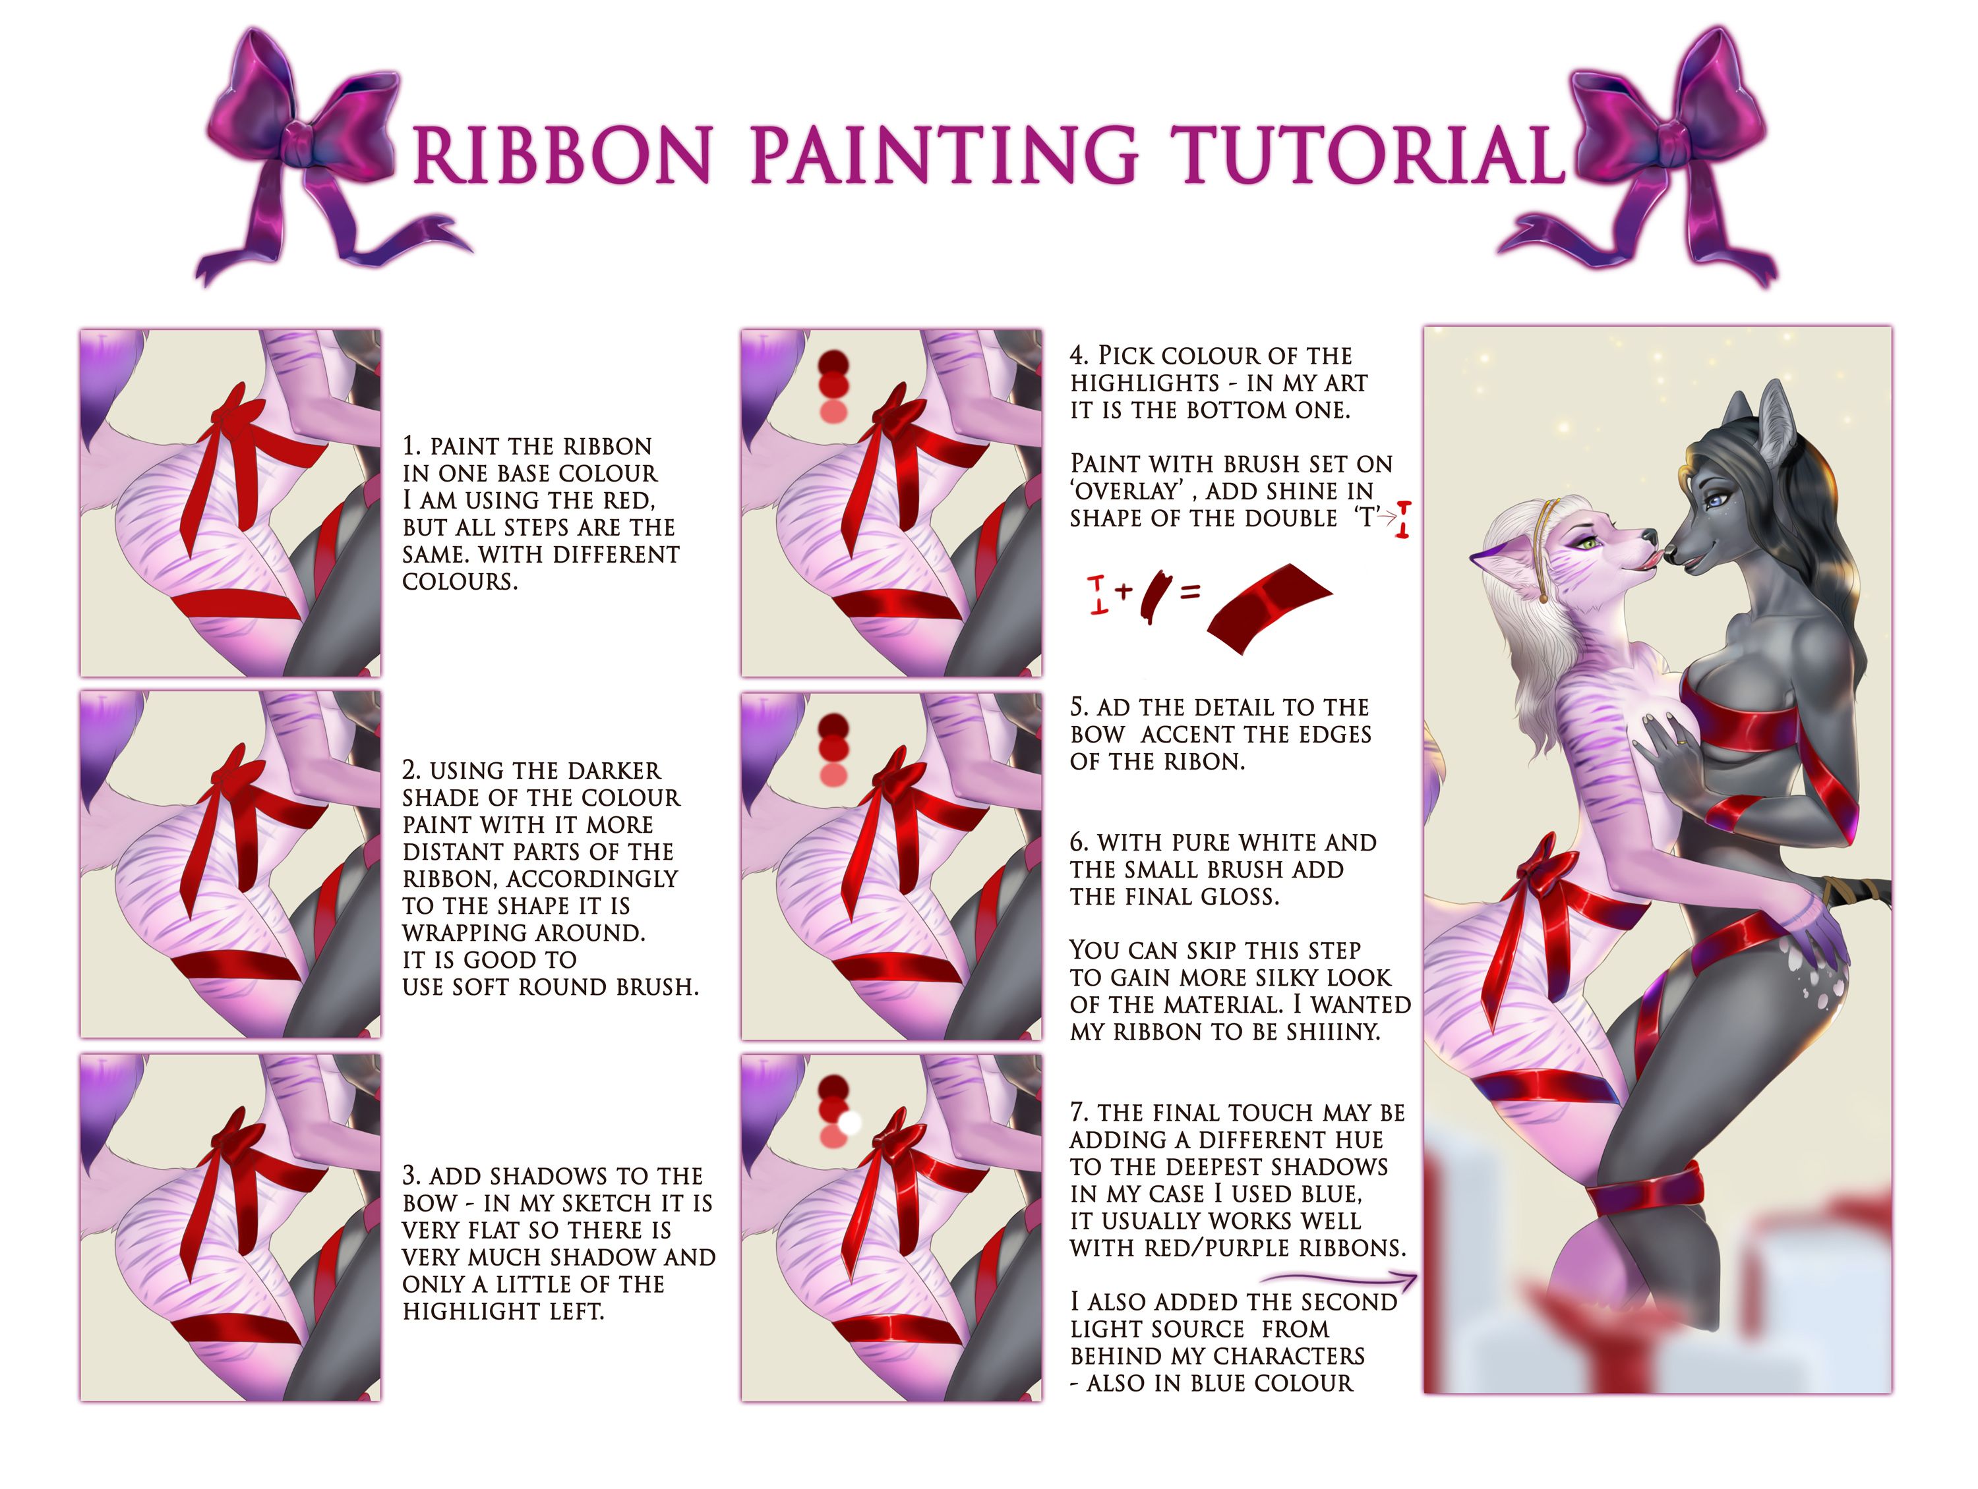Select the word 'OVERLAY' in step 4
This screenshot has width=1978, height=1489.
(x=1127, y=491)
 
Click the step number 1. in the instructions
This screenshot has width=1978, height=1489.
(x=411, y=446)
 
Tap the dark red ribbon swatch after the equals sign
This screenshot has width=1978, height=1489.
(x=1269, y=607)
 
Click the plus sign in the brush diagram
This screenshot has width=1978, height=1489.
(x=1123, y=590)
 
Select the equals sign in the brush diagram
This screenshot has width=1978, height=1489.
(x=1190, y=591)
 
